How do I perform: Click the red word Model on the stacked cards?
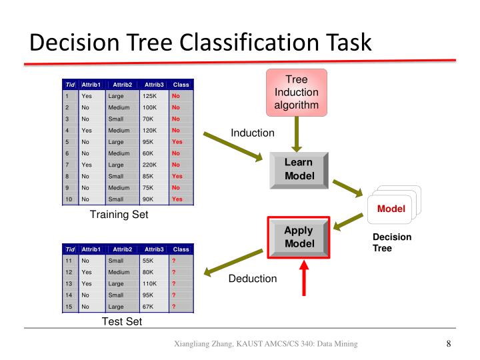[391, 209]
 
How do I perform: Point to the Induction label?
[253, 133]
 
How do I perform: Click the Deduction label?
[253, 279]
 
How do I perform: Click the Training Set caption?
[119, 215]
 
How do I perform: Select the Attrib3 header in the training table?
[153, 85]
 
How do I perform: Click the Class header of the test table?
[181, 249]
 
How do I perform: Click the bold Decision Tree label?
[391, 243]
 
